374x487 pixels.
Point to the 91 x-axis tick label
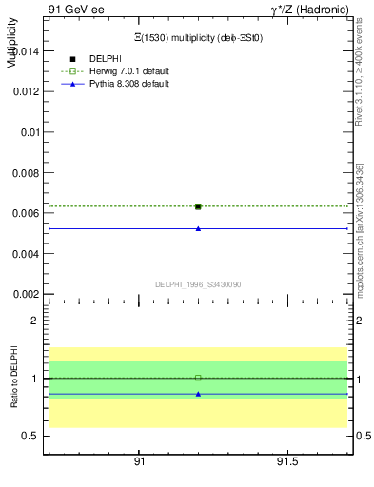139,461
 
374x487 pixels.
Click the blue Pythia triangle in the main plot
198,228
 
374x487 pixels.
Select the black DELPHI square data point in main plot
198,206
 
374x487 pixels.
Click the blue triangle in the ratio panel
198,393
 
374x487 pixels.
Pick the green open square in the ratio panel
198,378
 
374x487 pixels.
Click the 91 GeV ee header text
76,9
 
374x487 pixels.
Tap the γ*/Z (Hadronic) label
309,9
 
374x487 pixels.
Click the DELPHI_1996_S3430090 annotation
198,284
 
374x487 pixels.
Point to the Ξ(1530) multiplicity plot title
198,37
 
